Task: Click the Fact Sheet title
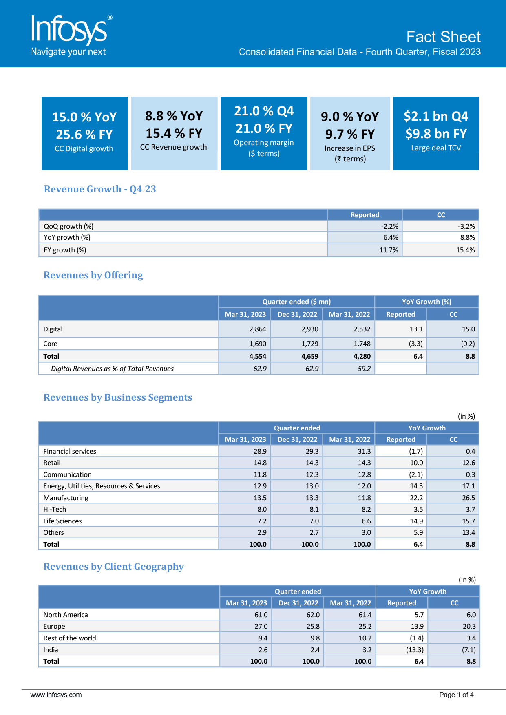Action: (x=443, y=37)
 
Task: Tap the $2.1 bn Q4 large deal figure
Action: (x=435, y=116)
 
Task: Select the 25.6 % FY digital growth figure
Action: (x=84, y=135)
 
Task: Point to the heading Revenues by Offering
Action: (x=93, y=275)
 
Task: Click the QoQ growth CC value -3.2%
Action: (x=466, y=226)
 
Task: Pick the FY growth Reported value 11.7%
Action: (x=389, y=250)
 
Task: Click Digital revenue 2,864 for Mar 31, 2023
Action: (x=258, y=329)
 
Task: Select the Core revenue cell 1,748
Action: (x=362, y=344)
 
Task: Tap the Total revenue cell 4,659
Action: (x=309, y=356)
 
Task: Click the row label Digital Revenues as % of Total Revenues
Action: (x=112, y=369)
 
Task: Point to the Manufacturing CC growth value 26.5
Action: (x=468, y=498)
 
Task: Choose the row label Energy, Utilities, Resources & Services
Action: (x=102, y=486)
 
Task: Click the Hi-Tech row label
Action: (x=55, y=509)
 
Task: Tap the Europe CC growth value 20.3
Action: (x=469, y=626)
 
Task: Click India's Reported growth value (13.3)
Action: (x=415, y=650)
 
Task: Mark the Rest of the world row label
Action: (x=70, y=638)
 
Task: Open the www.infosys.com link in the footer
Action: (x=56, y=695)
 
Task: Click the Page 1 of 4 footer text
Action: (x=456, y=695)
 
